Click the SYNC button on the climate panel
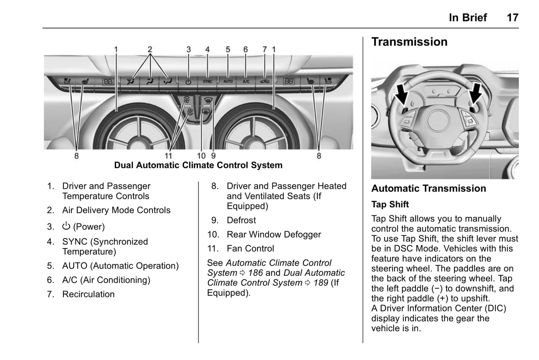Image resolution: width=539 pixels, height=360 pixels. pyautogui.click(x=207, y=81)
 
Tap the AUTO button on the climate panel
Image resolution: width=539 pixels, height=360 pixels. pyautogui.click(x=228, y=81)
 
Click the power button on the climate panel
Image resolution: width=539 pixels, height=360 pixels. pyautogui.click(x=188, y=82)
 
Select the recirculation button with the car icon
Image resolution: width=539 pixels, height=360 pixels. pyautogui.click(x=264, y=81)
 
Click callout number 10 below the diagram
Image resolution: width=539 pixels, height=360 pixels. pyautogui.click(x=201, y=156)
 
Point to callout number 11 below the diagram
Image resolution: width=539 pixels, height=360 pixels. pyautogui.click(x=168, y=156)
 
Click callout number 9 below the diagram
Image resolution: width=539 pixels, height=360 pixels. pyautogui.click(x=213, y=156)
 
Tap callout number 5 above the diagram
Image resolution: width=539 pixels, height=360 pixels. pyautogui.click(x=228, y=49)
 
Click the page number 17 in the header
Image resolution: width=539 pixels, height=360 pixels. pyautogui.click(x=513, y=18)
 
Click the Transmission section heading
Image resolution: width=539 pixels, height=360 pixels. pyautogui.click(x=409, y=42)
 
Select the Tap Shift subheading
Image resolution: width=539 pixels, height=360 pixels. pyautogui.click(x=390, y=204)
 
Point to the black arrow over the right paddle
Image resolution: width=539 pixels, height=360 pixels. pyautogui.click(x=476, y=94)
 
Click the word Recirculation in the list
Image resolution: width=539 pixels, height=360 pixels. pyautogui.click(x=88, y=294)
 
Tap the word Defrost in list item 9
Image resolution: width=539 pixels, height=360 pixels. pyautogui.click(x=241, y=220)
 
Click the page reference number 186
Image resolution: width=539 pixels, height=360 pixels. pyautogui.click(x=256, y=273)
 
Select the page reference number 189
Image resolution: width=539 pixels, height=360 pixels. pyautogui.click(x=321, y=283)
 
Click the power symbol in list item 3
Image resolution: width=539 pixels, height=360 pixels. pyautogui.click(x=66, y=226)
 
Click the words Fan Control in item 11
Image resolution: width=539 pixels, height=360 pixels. pyautogui.click(x=250, y=249)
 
